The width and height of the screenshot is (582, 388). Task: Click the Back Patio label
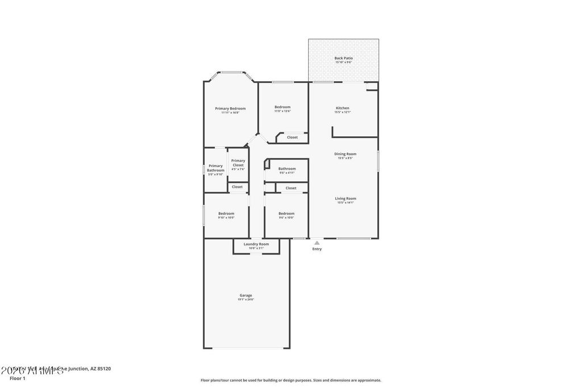pos(343,58)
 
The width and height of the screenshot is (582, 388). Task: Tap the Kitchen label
pos(342,108)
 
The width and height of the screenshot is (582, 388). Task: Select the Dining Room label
pos(345,154)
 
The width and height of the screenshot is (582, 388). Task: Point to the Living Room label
pos(345,198)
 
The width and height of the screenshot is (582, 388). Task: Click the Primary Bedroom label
pos(230,109)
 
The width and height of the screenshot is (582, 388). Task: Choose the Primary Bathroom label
pos(215,168)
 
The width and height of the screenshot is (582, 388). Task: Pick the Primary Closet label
pos(238,163)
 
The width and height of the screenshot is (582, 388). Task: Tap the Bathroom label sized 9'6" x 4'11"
pos(286,169)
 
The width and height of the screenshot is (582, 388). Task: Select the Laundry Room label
pos(256,244)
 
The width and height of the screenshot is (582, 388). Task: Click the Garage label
pos(246,295)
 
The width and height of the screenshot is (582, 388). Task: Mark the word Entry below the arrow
pos(317,249)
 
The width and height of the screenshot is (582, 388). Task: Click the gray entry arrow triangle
pos(317,243)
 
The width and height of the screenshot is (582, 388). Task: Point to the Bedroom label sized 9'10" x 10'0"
pos(226,214)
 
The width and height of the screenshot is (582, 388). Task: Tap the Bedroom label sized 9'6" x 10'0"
pos(286,214)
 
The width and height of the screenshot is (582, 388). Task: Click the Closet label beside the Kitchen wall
pos(292,137)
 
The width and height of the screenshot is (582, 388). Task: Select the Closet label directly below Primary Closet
pos(237,187)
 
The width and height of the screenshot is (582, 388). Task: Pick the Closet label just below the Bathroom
pos(290,188)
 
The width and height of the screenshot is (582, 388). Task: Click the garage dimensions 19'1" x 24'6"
pos(246,299)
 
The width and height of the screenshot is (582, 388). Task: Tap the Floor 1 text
pos(18,378)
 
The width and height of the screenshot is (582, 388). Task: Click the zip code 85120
pos(103,369)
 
